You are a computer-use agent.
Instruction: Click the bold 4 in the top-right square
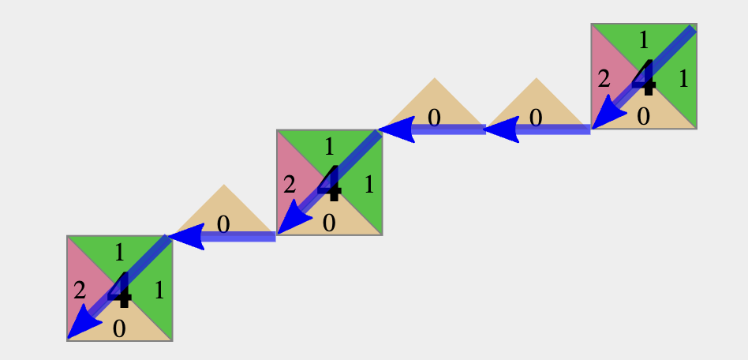(x=644, y=77)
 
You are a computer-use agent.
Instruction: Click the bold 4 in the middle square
(x=330, y=183)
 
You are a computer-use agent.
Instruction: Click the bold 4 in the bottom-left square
(x=120, y=289)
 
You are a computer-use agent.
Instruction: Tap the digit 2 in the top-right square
(x=604, y=79)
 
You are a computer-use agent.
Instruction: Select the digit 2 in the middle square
(x=290, y=185)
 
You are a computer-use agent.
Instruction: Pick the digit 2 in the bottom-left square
(x=80, y=291)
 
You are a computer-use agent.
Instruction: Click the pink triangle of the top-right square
(x=609, y=77)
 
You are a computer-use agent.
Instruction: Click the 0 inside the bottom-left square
(x=119, y=329)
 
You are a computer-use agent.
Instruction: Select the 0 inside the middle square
(x=329, y=223)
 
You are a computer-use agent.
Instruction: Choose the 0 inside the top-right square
(x=644, y=117)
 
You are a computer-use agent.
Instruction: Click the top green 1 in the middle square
(x=330, y=148)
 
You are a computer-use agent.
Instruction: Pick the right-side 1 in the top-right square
(x=683, y=79)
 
